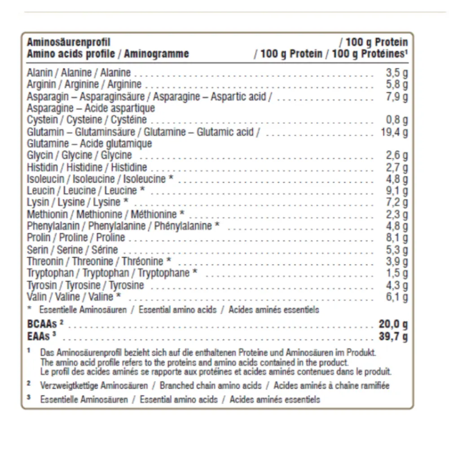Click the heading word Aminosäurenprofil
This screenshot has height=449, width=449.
pyautogui.click(x=68, y=43)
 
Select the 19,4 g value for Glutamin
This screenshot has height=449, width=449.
pyautogui.click(x=393, y=132)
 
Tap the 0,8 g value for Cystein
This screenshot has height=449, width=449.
pyautogui.click(x=397, y=120)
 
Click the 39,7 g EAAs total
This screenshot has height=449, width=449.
pyautogui.click(x=393, y=337)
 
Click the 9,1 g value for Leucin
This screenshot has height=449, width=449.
pyautogui.click(x=397, y=191)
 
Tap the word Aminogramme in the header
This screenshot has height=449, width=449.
pyautogui.click(x=156, y=54)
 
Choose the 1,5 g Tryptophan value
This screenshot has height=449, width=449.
pyautogui.click(x=397, y=273)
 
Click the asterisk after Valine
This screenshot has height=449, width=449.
pyautogui.click(x=118, y=296)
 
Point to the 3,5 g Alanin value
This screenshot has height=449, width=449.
pyautogui.click(x=397, y=73)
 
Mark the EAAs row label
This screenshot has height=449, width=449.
pyautogui.click(x=39, y=336)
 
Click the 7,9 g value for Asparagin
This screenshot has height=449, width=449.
pyautogui.click(x=397, y=97)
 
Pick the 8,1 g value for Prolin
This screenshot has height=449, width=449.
pyautogui.click(x=397, y=238)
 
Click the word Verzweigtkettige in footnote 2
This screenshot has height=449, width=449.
pyautogui.click(x=68, y=386)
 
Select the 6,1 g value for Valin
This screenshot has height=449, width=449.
pyautogui.click(x=397, y=296)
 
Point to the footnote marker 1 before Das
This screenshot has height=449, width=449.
pyautogui.click(x=28, y=350)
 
